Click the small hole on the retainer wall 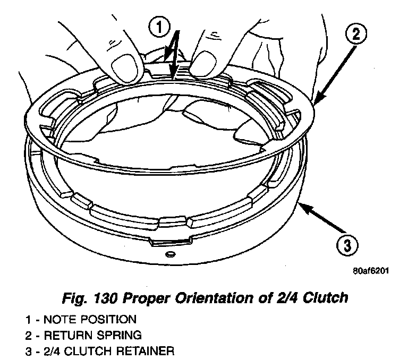point(169,254)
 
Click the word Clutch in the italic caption point(327,297)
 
